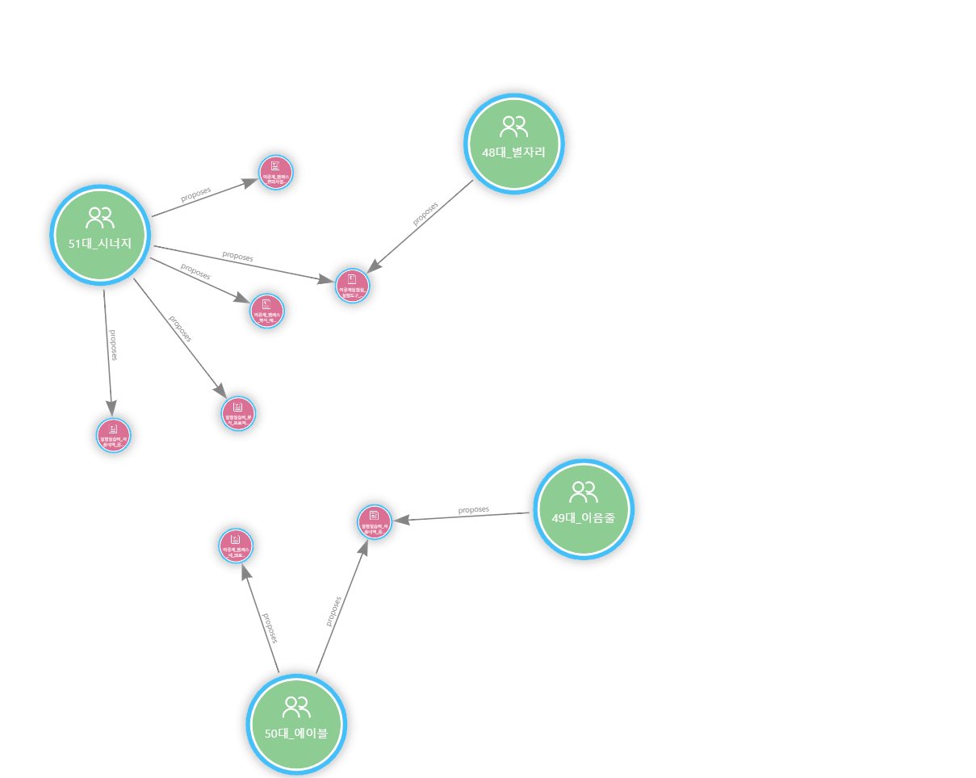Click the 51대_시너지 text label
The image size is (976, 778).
(100, 244)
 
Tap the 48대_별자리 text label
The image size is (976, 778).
(513, 152)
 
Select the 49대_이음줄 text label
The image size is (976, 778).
(583, 518)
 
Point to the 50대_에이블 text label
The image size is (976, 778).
(296, 734)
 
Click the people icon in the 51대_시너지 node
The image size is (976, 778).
(100, 218)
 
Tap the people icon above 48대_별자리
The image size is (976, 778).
(513, 126)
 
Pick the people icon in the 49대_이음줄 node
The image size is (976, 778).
(583, 491)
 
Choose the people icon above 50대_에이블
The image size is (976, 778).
(296, 707)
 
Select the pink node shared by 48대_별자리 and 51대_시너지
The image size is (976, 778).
(352, 286)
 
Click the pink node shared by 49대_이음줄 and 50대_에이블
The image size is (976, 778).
(374, 521)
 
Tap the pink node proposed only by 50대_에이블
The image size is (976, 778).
(236, 546)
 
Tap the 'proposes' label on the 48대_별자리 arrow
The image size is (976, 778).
(425, 213)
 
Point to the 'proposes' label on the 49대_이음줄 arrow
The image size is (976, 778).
(474, 510)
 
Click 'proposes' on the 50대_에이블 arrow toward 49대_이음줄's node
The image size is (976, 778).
(333, 611)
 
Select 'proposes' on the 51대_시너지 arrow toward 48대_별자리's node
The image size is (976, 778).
(237, 257)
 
